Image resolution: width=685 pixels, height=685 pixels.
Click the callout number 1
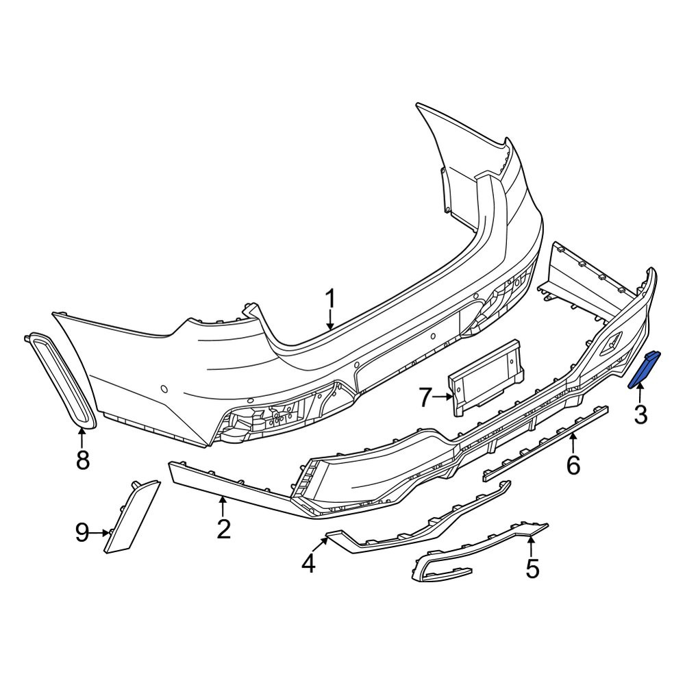click(331, 299)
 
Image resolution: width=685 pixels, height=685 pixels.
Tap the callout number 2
click(223, 530)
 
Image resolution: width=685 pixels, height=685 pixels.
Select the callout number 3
click(640, 414)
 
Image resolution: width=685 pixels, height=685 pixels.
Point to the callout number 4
click(308, 564)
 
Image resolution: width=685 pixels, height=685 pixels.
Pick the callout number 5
click(532, 569)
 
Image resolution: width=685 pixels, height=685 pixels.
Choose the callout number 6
click(573, 465)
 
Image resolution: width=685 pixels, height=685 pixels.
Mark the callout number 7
click(426, 397)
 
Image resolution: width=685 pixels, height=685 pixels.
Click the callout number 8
click(83, 460)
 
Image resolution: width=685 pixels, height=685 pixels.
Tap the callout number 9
click(82, 533)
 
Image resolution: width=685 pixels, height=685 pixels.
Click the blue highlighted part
click(645, 369)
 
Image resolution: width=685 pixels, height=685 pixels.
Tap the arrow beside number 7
click(444, 397)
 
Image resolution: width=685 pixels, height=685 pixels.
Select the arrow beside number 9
click(101, 532)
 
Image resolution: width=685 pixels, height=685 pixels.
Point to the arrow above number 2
click(223, 507)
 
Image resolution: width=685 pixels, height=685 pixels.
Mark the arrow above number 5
click(531, 547)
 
